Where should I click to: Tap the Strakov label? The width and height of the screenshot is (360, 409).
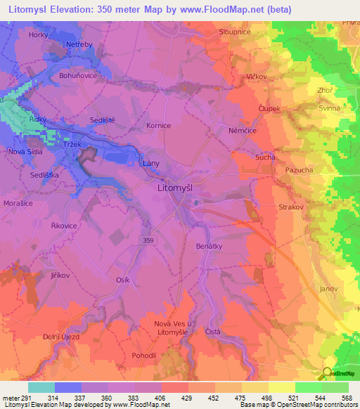(290, 208)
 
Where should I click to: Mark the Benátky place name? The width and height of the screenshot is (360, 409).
(210, 247)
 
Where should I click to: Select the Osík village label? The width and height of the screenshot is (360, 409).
(122, 280)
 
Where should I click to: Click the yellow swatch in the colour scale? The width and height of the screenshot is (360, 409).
(281, 387)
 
